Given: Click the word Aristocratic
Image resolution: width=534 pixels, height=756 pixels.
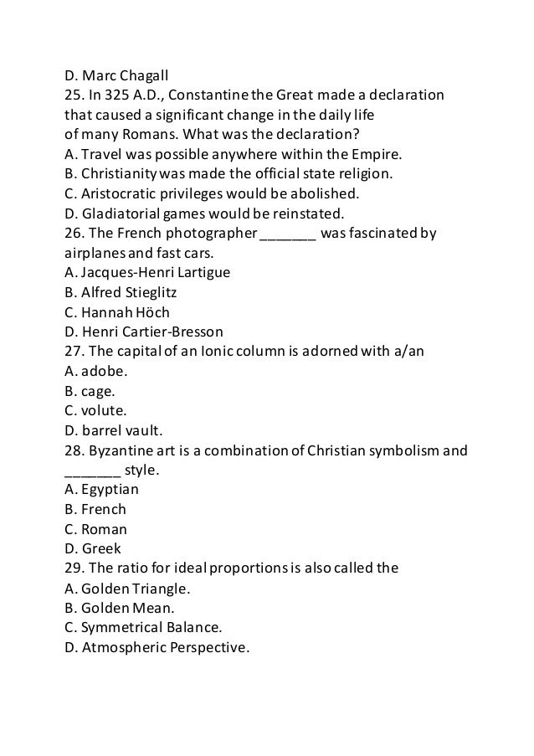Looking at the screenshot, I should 118,193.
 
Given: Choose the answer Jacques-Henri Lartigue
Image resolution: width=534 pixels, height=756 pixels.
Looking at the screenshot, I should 146,272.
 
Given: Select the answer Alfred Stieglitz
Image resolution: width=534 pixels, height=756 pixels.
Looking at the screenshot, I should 121,292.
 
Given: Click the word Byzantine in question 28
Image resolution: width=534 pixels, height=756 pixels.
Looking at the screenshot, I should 125,450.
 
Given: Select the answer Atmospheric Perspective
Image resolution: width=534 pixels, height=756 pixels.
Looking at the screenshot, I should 157,647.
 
